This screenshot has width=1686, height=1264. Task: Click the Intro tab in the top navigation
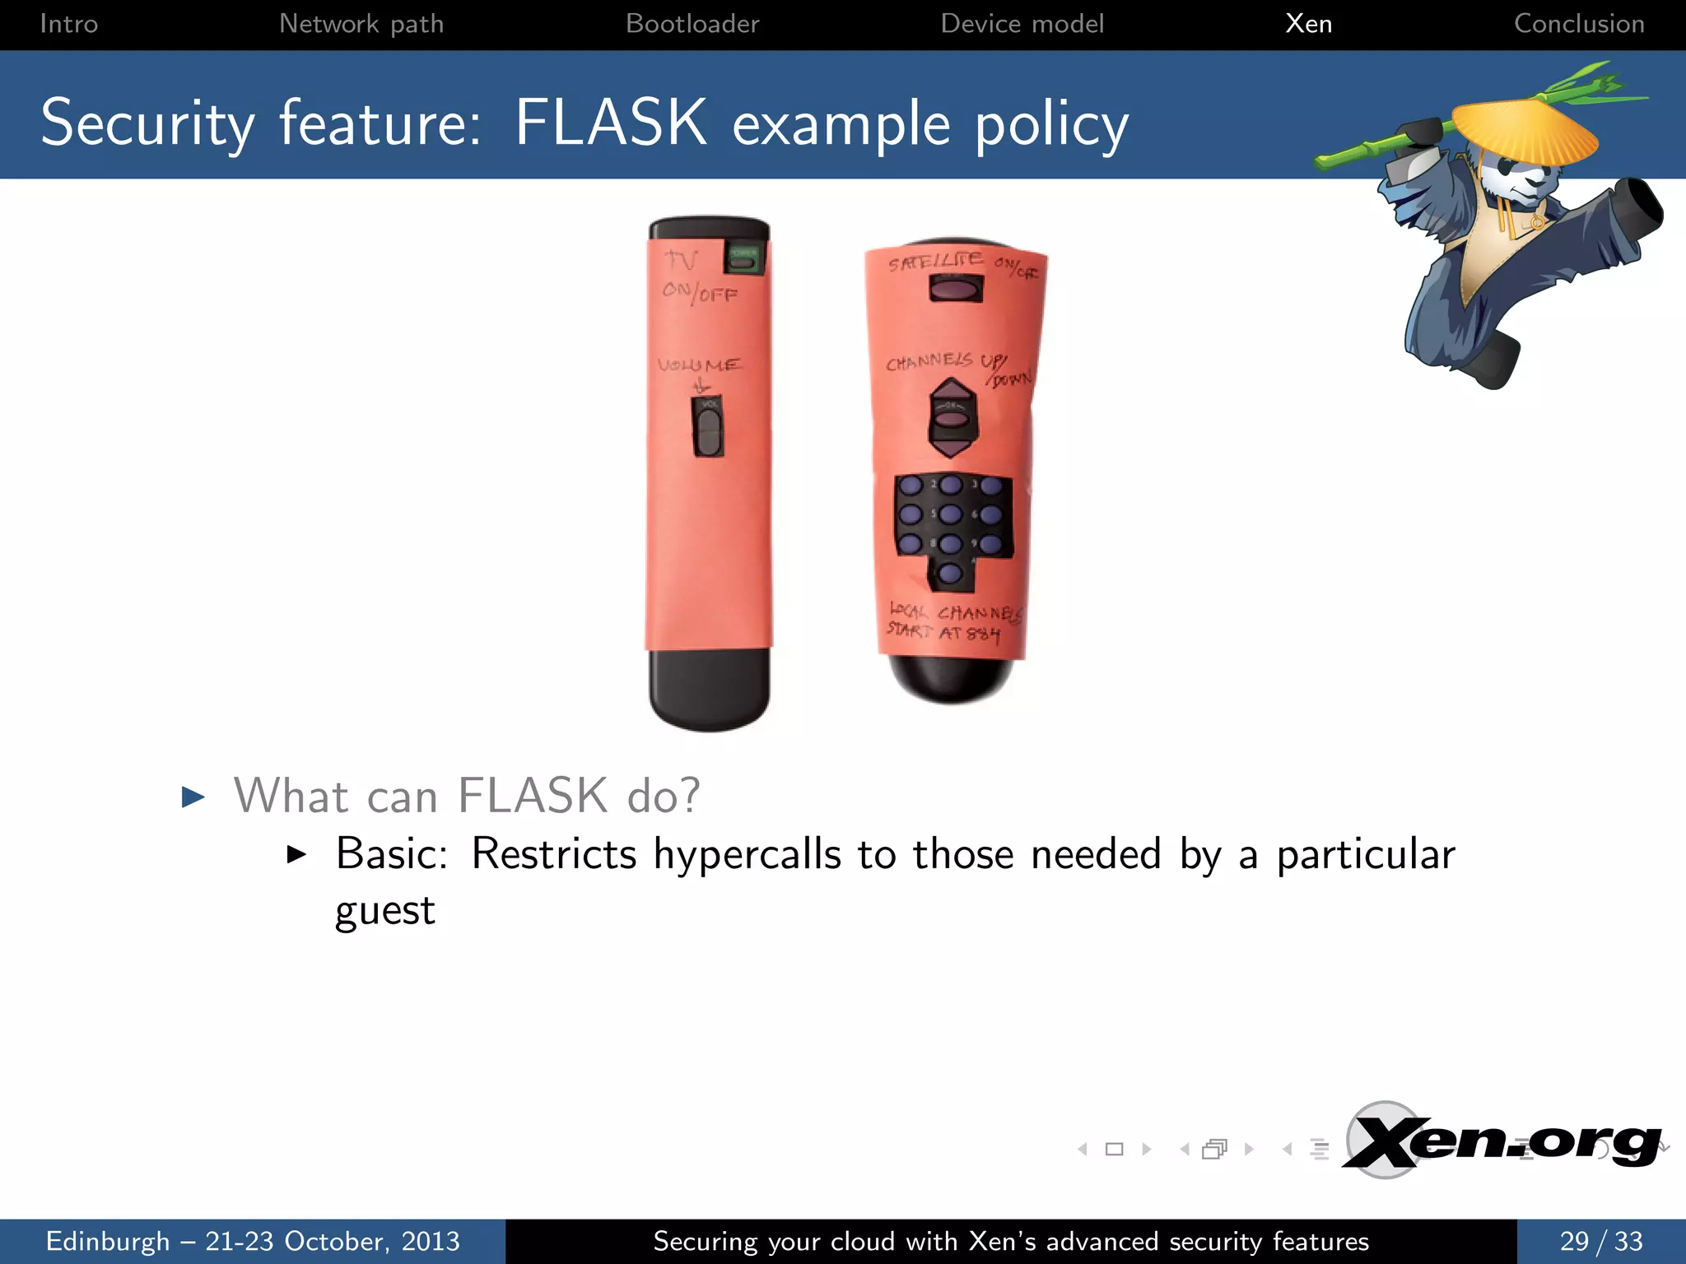pyautogui.click(x=68, y=24)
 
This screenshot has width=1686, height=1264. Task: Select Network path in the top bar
pyautogui.click(x=361, y=24)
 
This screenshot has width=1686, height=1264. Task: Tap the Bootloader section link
pyautogui.click(x=692, y=24)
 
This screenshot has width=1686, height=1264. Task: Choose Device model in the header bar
pyautogui.click(x=1022, y=24)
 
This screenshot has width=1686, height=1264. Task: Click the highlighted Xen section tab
pyautogui.click(x=1308, y=24)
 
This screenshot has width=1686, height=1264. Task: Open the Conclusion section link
pyautogui.click(x=1579, y=24)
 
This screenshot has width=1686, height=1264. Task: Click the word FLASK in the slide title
pyautogui.click(x=610, y=123)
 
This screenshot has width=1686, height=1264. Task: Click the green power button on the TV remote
pyautogui.click(x=744, y=259)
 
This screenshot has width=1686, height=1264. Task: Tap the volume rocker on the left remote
pyautogui.click(x=708, y=428)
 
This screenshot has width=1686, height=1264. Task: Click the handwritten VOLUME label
pyautogui.click(x=699, y=365)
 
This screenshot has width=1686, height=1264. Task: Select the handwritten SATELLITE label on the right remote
pyautogui.click(x=935, y=262)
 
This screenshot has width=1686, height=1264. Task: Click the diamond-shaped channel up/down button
pyautogui.click(x=952, y=418)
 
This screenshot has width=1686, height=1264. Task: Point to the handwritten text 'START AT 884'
pyautogui.click(x=943, y=632)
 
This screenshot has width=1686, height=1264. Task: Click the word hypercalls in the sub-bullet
pyautogui.click(x=747, y=854)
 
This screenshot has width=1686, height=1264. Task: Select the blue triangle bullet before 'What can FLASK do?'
pyautogui.click(x=193, y=797)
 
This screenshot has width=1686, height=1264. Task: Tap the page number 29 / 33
pyautogui.click(x=1600, y=1241)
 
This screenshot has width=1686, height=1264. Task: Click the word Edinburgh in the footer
pyautogui.click(x=107, y=1241)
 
